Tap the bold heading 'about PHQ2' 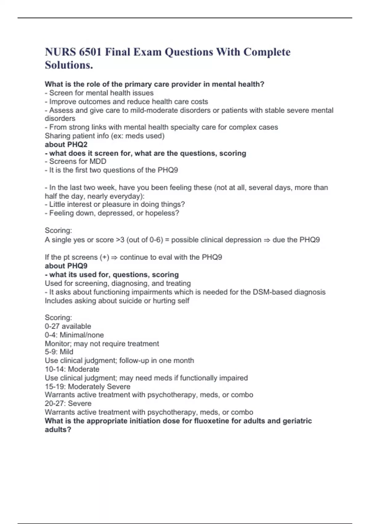pyautogui.click(x=66, y=145)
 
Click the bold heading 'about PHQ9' pyautogui.click(x=66, y=266)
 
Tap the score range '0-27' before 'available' pyautogui.click(x=52, y=326)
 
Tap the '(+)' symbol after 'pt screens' pyautogui.click(x=105, y=257)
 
